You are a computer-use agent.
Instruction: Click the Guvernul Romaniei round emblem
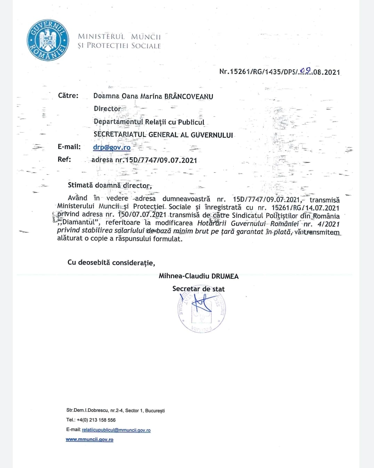tap(47, 40)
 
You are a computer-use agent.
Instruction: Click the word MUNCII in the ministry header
tap(146, 37)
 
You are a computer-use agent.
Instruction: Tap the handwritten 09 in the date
tap(305, 71)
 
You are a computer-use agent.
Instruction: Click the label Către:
tap(68, 96)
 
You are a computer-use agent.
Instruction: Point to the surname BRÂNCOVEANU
tap(189, 97)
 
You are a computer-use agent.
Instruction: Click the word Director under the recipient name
tap(107, 109)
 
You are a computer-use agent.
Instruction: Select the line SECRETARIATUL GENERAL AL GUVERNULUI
tap(163, 135)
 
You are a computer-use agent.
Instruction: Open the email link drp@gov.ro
tap(112, 147)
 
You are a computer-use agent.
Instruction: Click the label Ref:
tap(64, 160)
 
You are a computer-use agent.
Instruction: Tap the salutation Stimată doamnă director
tap(110, 185)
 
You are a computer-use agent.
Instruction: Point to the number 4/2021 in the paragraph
tap(328, 224)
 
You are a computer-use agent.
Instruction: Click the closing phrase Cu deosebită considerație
tap(111, 262)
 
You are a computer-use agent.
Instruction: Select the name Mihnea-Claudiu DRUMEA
tap(199, 276)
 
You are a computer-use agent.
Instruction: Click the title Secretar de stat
tap(198, 289)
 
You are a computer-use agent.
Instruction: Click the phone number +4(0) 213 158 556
tap(96, 420)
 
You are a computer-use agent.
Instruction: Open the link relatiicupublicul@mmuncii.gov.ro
tap(116, 430)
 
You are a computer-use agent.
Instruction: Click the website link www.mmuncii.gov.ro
tap(89, 440)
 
